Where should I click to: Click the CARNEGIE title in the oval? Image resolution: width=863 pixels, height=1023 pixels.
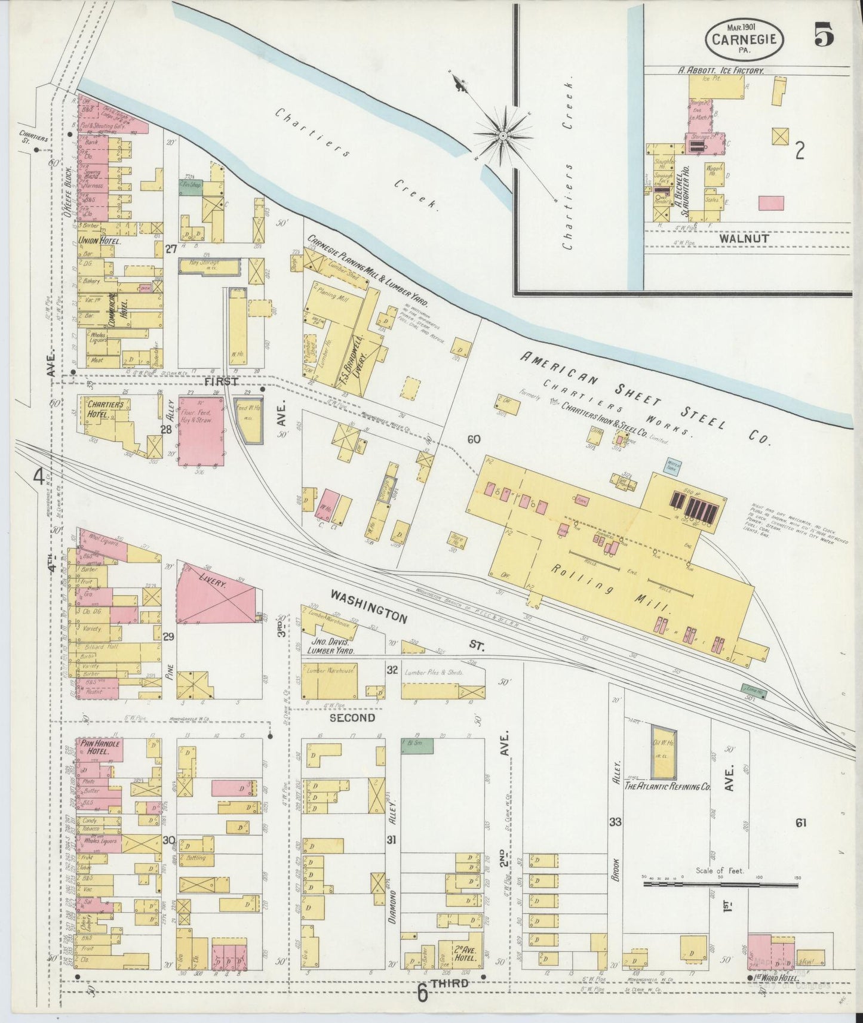click(x=744, y=39)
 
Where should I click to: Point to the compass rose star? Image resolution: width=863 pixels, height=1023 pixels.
click(x=503, y=136)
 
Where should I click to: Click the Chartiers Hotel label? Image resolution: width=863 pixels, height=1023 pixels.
click(x=106, y=409)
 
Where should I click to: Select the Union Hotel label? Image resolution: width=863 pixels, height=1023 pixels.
click(x=99, y=242)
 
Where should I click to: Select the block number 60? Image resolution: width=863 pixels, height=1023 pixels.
click(x=474, y=439)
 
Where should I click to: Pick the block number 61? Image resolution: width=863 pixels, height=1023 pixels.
click(x=800, y=822)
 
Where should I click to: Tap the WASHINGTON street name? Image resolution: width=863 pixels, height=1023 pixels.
click(x=368, y=606)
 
